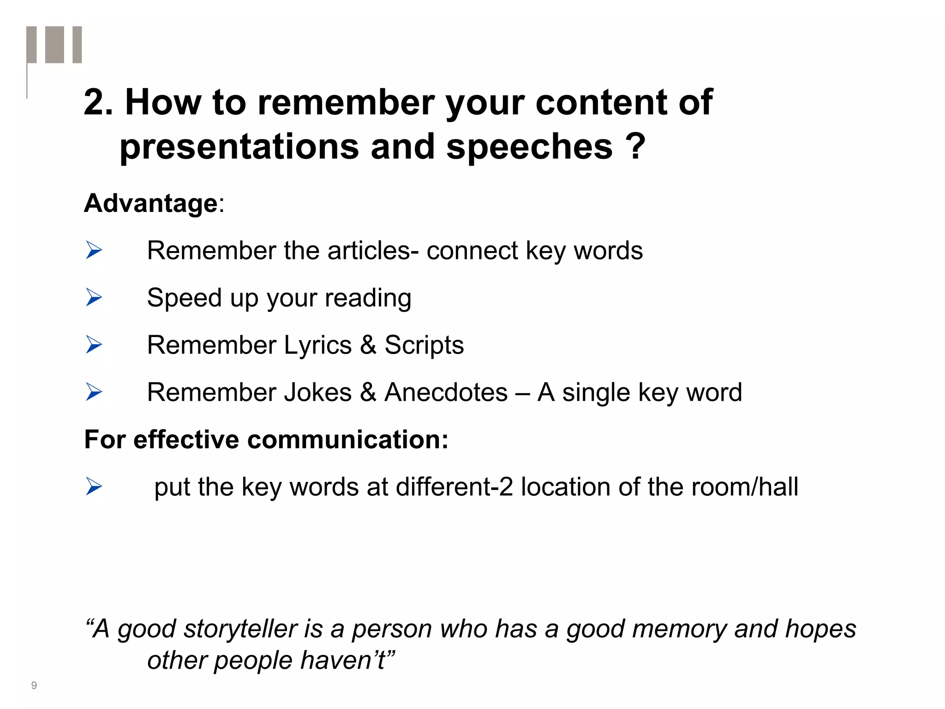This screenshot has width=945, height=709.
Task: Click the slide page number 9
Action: (34, 685)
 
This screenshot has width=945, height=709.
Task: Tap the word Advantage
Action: (150, 204)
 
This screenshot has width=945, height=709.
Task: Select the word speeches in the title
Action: (529, 147)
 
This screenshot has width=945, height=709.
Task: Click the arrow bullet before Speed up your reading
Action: (94, 297)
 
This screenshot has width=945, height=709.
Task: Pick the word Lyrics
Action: (317, 345)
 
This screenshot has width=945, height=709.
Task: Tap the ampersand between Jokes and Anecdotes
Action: (368, 392)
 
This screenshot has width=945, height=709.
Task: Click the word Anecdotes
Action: (446, 392)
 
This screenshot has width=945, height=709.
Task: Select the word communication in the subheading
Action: (348, 439)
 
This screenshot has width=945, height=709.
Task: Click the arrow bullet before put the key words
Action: (94, 487)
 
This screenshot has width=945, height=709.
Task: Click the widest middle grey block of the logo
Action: (54, 44)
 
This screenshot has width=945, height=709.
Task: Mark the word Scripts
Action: (424, 345)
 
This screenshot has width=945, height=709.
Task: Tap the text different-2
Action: (454, 487)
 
